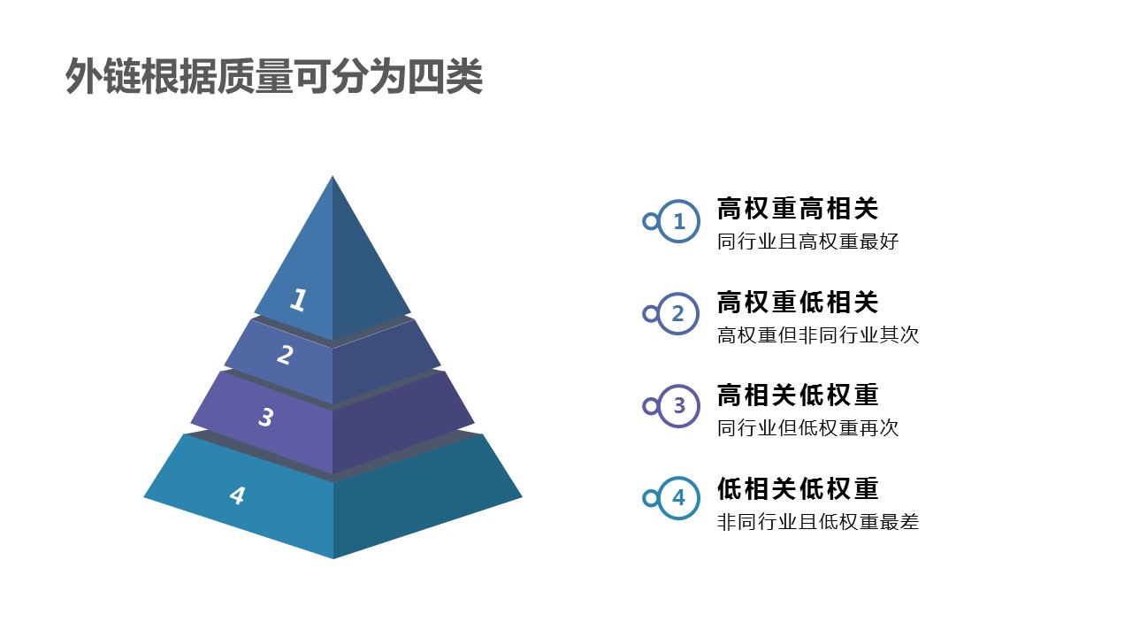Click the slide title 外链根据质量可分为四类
tap(274, 76)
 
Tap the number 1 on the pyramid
tap(299, 299)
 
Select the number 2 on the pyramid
tap(285, 355)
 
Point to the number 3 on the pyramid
tap(266, 417)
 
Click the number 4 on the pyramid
tap(237, 495)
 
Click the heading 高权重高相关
tap(798, 208)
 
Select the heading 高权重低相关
tap(798, 302)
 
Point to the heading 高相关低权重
tap(798, 395)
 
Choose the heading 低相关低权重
tap(798, 488)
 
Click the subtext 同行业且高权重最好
tap(807, 242)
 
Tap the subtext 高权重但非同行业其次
tap(818, 334)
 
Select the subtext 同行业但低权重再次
tap(807, 427)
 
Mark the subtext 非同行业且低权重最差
tap(818, 521)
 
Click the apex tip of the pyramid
tap(332, 176)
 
